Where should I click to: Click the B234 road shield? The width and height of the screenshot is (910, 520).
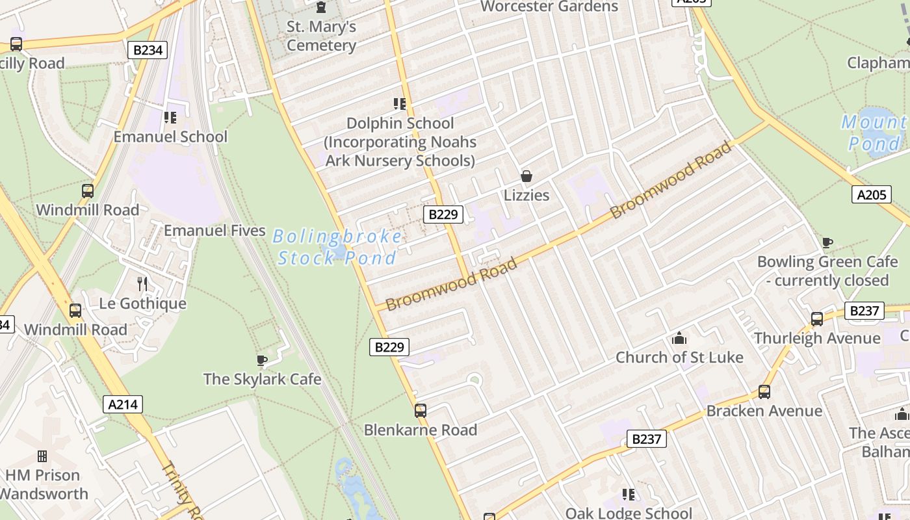148,50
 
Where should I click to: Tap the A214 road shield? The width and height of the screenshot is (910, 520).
123,404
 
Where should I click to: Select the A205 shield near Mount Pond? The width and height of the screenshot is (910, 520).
871,194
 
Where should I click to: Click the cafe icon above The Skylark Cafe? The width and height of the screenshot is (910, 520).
262,360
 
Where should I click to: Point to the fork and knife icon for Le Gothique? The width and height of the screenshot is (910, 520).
142,284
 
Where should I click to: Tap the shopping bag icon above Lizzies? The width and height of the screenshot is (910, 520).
526,176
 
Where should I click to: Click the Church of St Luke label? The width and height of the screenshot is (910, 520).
679,357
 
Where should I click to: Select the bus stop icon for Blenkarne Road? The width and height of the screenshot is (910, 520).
421,411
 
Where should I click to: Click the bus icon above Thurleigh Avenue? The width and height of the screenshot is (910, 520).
817,319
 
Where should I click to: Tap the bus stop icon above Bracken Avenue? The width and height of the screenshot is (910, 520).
764,392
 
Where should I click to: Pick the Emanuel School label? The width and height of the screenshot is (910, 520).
170,136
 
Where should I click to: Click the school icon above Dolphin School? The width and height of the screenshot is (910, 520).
400,104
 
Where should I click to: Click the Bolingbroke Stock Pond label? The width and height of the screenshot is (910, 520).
337,247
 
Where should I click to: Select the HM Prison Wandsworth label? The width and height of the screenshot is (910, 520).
44,484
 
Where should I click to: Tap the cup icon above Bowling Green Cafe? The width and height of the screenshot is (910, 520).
827,243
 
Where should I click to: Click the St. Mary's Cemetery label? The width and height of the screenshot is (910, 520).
321,36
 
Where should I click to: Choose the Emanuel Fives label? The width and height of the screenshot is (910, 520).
214,231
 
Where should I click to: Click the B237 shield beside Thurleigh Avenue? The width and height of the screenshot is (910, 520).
864,311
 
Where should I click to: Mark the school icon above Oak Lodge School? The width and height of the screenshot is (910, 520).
628,495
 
